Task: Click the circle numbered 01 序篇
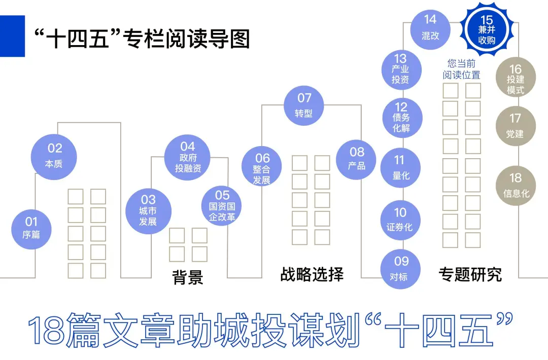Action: click(x=31, y=228)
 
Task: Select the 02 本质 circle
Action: click(x=54, y=155)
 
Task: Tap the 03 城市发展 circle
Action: click(x=148, y=211)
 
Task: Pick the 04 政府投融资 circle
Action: click(x=188, y=157)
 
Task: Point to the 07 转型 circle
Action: click(x=304, y=104)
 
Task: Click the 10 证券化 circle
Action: click(x=400, y=220)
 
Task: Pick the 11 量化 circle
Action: click(x=400, y=168)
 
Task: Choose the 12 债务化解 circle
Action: click(x=401, y=117)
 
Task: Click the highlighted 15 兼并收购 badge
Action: click(x=487, y=29)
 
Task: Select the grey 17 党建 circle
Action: click(x=515, y=125)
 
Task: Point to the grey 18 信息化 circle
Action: click(x=516, y=185)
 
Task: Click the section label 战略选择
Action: click(x=312, y=274)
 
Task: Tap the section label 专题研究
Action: click(x=470, y=274)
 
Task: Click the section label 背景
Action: click(x=188, y=277)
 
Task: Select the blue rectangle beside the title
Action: click(x=12, y=36)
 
